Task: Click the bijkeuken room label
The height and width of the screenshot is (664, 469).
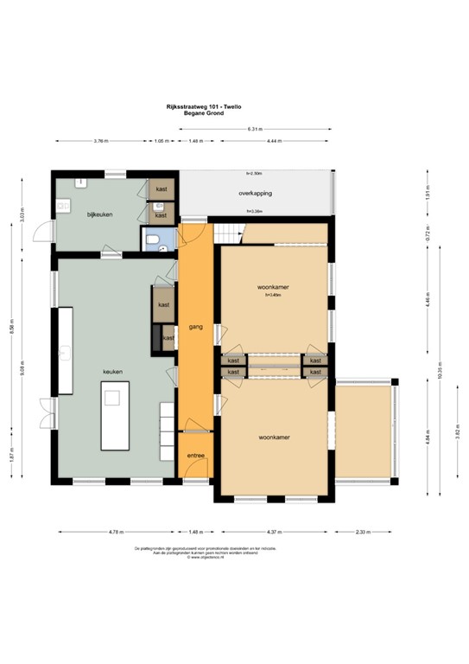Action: [100, 214]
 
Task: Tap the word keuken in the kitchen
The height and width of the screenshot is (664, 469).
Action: [113, 372]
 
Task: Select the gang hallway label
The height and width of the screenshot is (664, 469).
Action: [195, 327]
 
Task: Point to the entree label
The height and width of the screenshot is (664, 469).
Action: [195, 455]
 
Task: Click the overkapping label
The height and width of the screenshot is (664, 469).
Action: [255, 194]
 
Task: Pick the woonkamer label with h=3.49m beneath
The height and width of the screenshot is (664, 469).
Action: [273, 286]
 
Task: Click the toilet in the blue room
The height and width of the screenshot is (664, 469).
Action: [153, 241]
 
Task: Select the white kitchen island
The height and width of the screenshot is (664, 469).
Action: [112, 418]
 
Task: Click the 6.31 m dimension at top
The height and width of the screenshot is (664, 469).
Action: [254, 130]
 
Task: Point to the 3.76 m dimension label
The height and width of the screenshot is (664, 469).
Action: [100, 141]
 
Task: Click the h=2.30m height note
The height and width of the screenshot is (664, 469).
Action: [254, 175]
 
